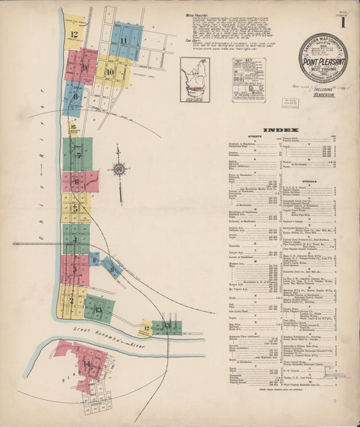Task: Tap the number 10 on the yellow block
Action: (x=110, y=71)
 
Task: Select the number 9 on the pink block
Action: (x=85, y=68)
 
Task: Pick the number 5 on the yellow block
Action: (x=75, y=208)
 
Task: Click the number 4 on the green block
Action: (x=75, y=239)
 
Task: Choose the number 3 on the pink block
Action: (x=74, y=270)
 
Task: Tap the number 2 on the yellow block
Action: (x=72, y=301)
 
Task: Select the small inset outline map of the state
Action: (x=195, y=79)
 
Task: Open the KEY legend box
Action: (x=246, y=82)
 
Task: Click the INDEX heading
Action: (x=276, y=129)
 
